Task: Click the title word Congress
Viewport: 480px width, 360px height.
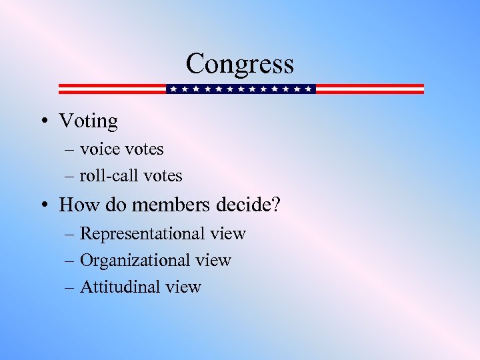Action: point(240,64)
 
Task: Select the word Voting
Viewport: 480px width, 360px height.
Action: point(88,121)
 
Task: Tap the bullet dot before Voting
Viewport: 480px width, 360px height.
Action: point(43,121)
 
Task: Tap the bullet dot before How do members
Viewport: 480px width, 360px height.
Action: point(43,205)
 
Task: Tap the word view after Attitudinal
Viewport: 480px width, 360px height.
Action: point(183,287)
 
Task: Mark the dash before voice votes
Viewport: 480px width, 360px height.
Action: point(70,149)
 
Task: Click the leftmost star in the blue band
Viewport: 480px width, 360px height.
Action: point(173,89)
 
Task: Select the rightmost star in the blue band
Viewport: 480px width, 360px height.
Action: point(308,89)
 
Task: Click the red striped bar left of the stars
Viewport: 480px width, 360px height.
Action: point(111,89)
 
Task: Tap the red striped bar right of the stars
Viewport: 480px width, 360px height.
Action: point(369,89)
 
